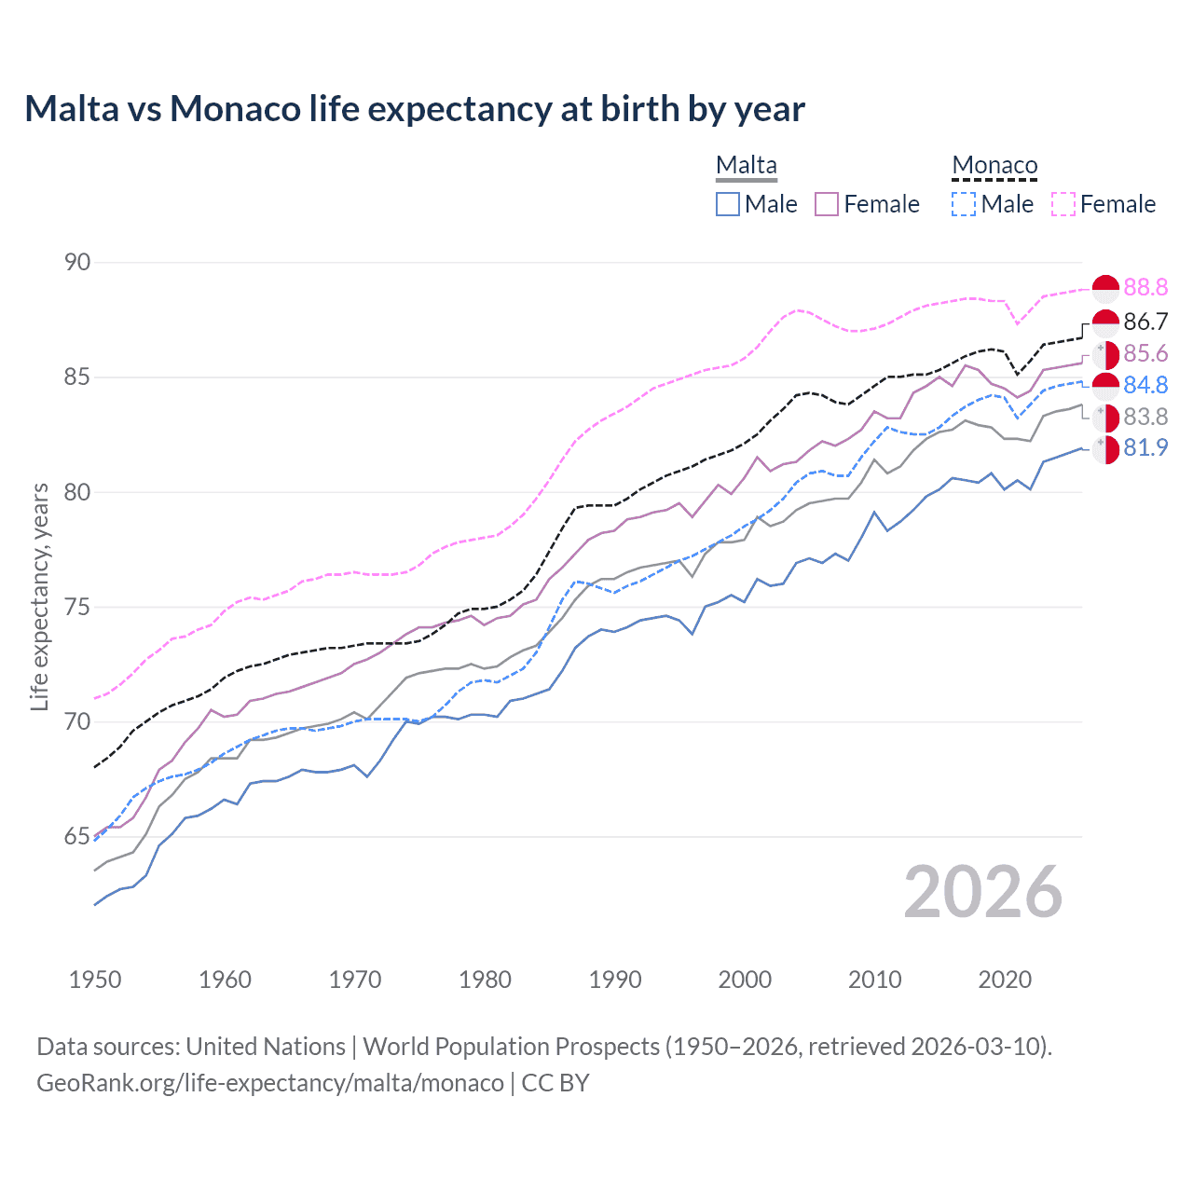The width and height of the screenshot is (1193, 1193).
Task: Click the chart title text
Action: tap(414, 109)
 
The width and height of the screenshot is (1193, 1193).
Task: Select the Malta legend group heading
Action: tap(746, 166)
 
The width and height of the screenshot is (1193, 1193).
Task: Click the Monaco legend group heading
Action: tap(994, 166)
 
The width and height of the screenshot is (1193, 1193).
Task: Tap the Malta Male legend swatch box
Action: tap(728, 204)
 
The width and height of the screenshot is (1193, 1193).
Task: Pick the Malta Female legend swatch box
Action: tap(827, 204)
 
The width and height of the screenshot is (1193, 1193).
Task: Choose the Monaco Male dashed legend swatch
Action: tap(964, 204)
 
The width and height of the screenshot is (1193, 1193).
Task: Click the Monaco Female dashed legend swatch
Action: tap(1063, 204)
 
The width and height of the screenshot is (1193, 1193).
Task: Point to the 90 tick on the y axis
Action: tap(77, 263)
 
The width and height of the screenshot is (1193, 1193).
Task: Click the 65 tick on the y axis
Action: tap(77, 837)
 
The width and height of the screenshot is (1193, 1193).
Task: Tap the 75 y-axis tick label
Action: tap(77, 608)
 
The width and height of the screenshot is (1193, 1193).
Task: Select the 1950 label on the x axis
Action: tap(95, 980)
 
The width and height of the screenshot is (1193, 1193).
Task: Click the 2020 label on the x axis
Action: tap(1005, 980)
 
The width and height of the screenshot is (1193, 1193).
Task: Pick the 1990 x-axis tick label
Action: tap(615, 980)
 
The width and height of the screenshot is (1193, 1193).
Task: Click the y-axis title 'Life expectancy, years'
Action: tap(40, 596)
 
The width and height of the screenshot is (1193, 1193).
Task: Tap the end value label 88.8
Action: tap(1145, 288)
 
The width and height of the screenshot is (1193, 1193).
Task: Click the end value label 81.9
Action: tap(1145, 448)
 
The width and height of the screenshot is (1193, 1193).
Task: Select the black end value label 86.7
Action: tap(1145, 322)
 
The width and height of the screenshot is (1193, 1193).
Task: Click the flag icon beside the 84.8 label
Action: tap(1105, 386)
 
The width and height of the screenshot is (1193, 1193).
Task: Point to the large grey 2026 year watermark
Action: tap(982, 893)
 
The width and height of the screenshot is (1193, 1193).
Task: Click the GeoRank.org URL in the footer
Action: tap(270, 1083)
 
